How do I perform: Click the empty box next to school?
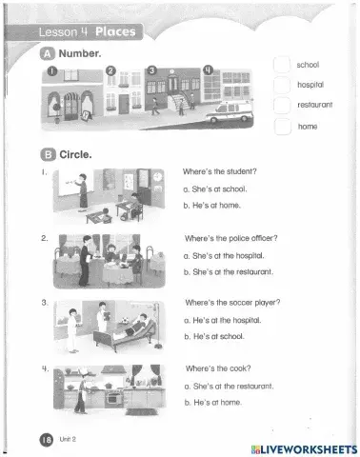[x=282, y=65]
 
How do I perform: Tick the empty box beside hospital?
[x=282, y=85]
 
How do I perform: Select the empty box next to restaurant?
[x=282, y=105]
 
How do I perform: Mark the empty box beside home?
[x=283, y=127]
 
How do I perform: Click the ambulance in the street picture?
[x=230, y=111]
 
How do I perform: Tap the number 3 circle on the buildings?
[x=152, y=70]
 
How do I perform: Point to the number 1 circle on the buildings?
[x=52, y=71]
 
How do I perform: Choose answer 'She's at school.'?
[x=215, y=189]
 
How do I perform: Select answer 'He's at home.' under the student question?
[x=211, y=206]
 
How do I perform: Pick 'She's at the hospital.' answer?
[x=224, y=256]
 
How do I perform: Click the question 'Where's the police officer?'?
[x=231, y=238]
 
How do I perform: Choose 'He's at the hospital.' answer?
[x=223, y=320]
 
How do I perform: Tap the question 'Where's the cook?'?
[x=218, y=368]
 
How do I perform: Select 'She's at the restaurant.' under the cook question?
[x=229, y=387]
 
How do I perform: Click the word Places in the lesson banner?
[x=115, y=31]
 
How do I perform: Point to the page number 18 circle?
[x=47, y=440]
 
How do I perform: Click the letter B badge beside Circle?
[x=48, y=154]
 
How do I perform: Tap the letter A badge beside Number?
[x=48, y=53]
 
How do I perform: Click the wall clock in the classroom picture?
[x=157, y=176]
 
